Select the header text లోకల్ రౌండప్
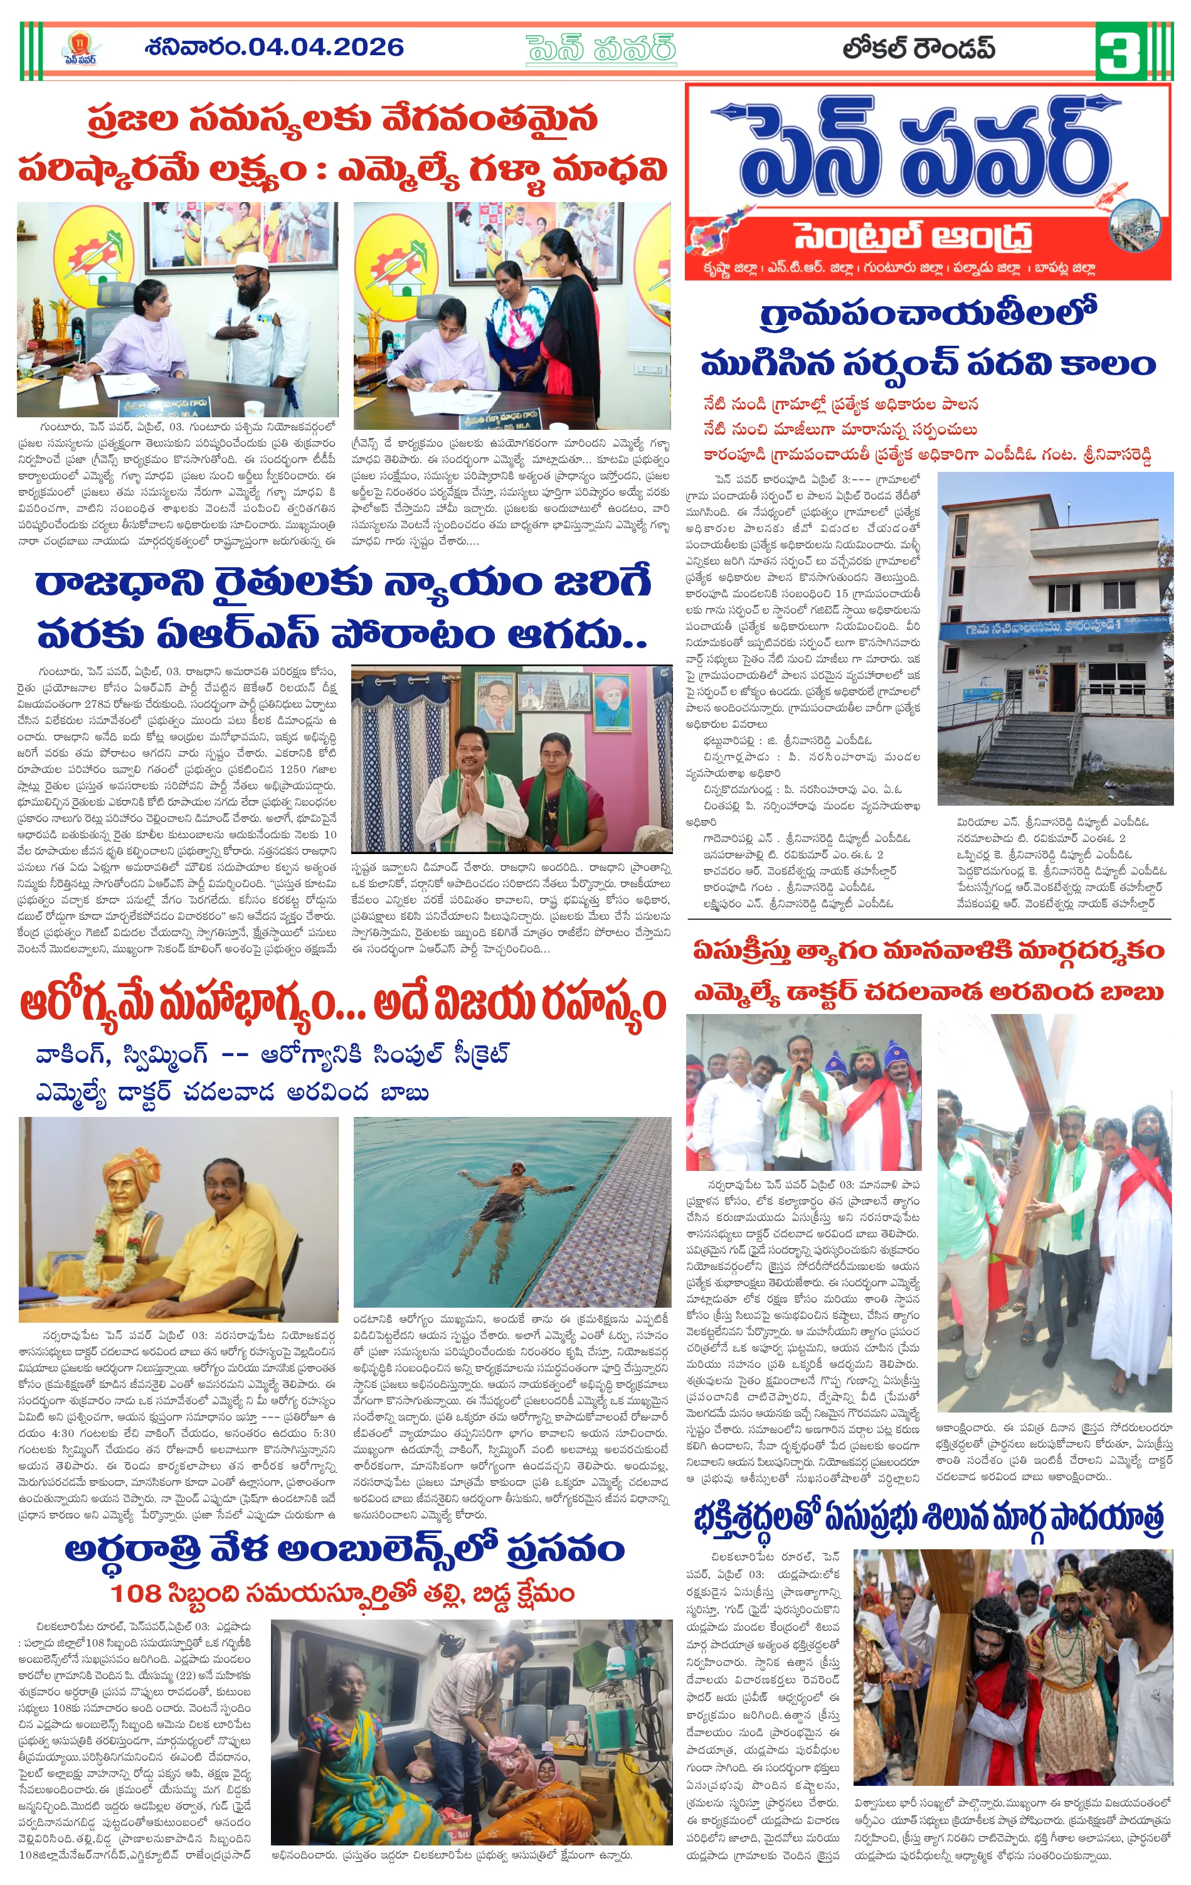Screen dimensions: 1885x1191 (919, 48)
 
